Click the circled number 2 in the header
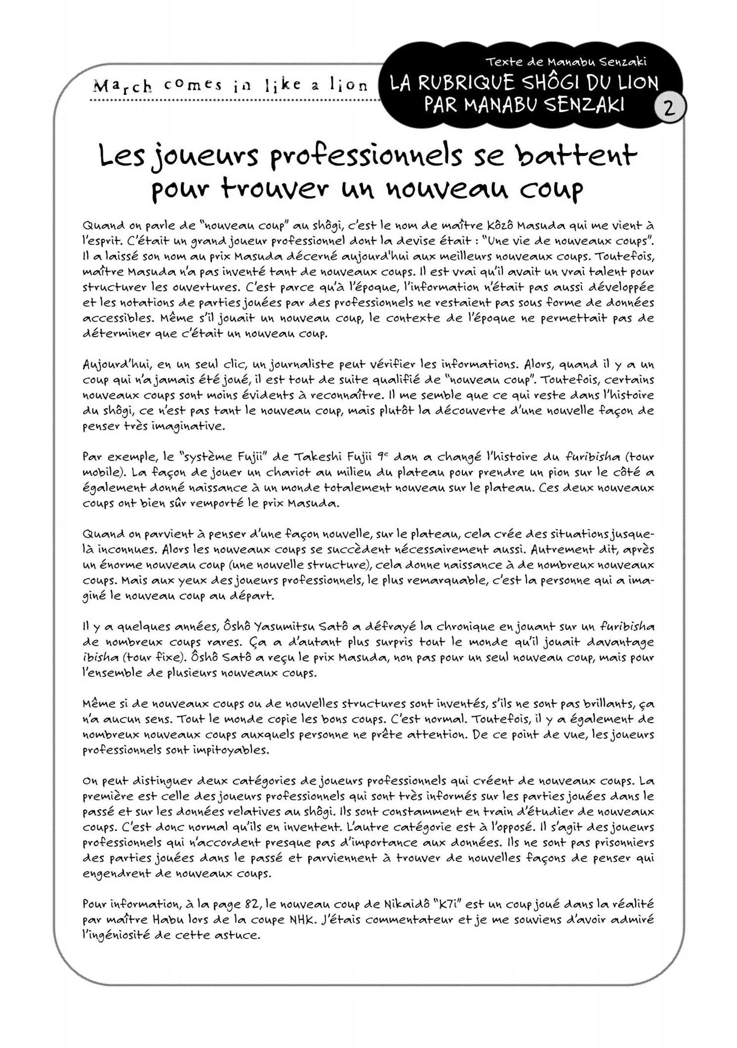pos(669,109)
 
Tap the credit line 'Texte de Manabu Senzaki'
pos(566,62)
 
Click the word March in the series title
pos(122,86)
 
